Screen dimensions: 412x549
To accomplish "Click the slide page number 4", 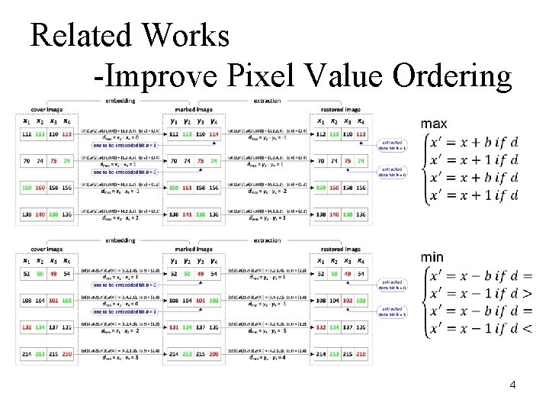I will coord(512,385).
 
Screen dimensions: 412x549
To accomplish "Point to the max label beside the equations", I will coord(434,124).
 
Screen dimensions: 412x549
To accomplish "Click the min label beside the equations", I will coord(432,257).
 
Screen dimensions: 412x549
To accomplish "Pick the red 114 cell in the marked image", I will coord(213,134).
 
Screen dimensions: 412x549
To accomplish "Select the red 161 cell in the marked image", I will coord(188,188).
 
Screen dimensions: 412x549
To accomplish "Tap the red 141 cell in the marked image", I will coord(188,215).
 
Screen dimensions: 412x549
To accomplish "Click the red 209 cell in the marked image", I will coord(213,355).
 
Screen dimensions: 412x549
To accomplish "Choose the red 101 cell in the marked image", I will coord(201,301).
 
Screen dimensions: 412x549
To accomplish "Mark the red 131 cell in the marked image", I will coord(175,327).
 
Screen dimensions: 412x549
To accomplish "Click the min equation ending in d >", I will coord(480,293).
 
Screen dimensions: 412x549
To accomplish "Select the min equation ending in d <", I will coord(480,329).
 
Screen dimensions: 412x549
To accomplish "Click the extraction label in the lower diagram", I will coord(267,240).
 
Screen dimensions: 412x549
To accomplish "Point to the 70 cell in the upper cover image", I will coord(27,162).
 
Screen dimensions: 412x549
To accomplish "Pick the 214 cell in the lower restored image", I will coord(323,355).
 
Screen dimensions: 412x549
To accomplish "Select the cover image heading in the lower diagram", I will coord(47,249).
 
